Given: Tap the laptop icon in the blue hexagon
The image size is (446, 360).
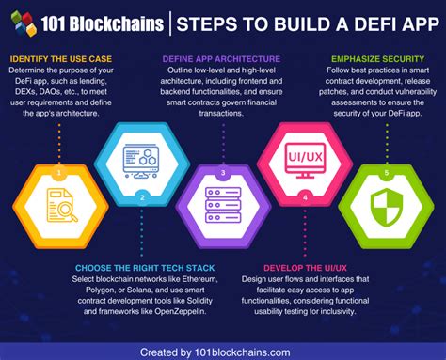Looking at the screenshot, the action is pos(142,157).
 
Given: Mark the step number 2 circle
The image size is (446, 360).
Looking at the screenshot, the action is pos(142,197).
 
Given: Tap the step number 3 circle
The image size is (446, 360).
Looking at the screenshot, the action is pos(223,173).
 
